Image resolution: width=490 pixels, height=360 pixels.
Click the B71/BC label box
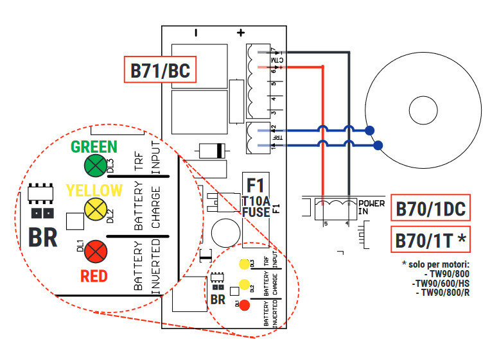(160, 70)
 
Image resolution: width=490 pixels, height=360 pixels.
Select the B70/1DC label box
(430, 209)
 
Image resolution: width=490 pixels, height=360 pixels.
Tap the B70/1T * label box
(430, 241)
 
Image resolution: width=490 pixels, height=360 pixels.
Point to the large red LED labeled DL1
(96, 250)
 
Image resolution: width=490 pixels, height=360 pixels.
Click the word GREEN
(94, 146)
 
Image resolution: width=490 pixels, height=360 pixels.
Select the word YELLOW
(94, 190)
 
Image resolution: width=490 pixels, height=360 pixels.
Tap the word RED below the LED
(94, 277)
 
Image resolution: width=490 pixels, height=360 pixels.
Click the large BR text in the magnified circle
(42, 237)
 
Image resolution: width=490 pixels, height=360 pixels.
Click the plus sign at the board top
(241, 33)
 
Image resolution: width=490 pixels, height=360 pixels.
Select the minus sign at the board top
(197, 32)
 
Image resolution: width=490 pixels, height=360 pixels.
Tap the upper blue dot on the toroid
(370, 131)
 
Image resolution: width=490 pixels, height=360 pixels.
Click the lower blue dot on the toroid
(378, 146)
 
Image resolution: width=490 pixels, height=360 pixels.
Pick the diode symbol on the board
(212, 151)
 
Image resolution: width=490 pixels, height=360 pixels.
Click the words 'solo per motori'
(432, 264)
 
